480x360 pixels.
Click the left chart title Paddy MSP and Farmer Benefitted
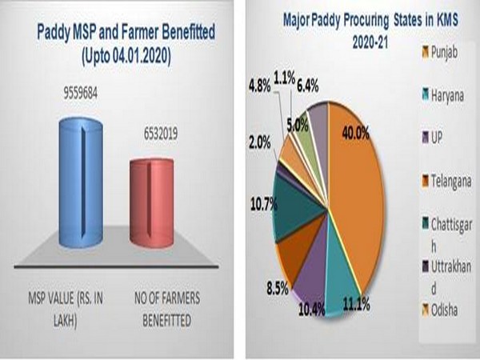[118, 34]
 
